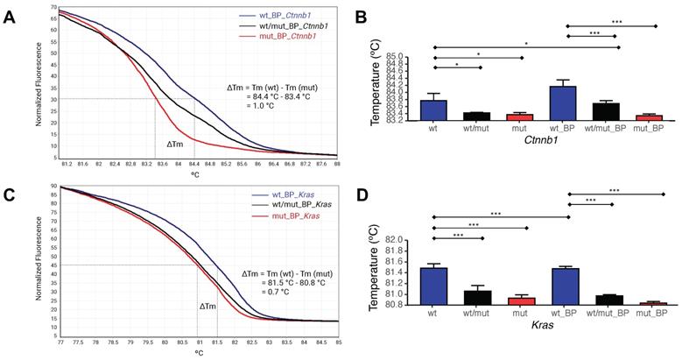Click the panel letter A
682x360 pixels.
tap(11, 16)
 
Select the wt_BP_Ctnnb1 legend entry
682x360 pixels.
tap(285, 15)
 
